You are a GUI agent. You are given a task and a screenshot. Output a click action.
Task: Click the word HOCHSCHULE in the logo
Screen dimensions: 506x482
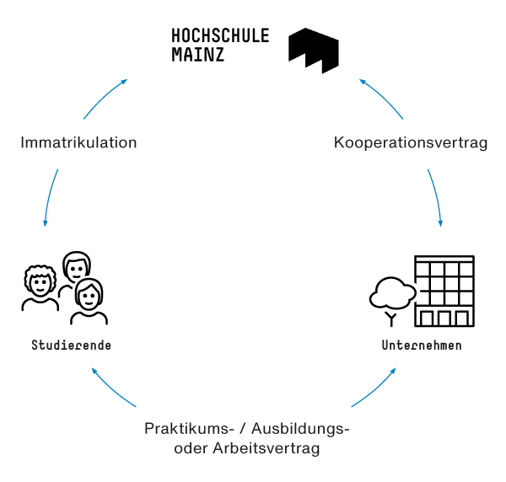pos(220,35)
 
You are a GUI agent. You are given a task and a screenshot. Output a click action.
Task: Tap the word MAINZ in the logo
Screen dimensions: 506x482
pos(198,55)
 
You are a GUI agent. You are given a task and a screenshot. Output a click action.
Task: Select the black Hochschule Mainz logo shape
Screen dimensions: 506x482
pos(314,51)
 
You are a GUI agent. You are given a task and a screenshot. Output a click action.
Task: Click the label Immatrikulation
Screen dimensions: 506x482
pos(78,142)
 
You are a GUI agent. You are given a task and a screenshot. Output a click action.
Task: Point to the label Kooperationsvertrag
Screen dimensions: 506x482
pos(411,142)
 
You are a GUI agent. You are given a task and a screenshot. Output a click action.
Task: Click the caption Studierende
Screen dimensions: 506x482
pos(72,345)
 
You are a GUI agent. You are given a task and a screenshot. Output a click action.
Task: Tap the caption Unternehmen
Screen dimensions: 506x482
pos(422,345)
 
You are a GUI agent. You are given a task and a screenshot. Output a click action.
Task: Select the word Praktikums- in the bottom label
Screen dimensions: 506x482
pos(189,429)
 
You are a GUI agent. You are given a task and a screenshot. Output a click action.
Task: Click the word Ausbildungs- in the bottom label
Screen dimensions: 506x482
pos(300,429)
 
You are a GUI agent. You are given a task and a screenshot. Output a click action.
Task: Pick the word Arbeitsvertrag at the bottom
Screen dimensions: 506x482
pos(266,448)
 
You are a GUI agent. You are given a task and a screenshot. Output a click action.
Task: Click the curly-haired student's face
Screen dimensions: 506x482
pos(40,283)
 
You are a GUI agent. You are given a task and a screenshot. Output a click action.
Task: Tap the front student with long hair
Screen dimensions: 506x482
pos(89,302)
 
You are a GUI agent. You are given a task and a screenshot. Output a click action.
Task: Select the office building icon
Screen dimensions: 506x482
pos(444,291)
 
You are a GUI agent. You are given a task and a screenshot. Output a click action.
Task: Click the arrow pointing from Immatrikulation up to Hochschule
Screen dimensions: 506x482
pos(104,98)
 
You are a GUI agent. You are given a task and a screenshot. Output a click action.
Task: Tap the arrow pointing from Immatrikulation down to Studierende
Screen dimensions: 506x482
pos(50,197)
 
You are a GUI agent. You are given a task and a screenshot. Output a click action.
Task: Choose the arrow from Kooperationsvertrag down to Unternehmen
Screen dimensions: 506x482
pos(436,197)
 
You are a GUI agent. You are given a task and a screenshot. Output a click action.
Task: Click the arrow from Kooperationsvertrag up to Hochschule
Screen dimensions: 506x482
pos(382,98)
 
